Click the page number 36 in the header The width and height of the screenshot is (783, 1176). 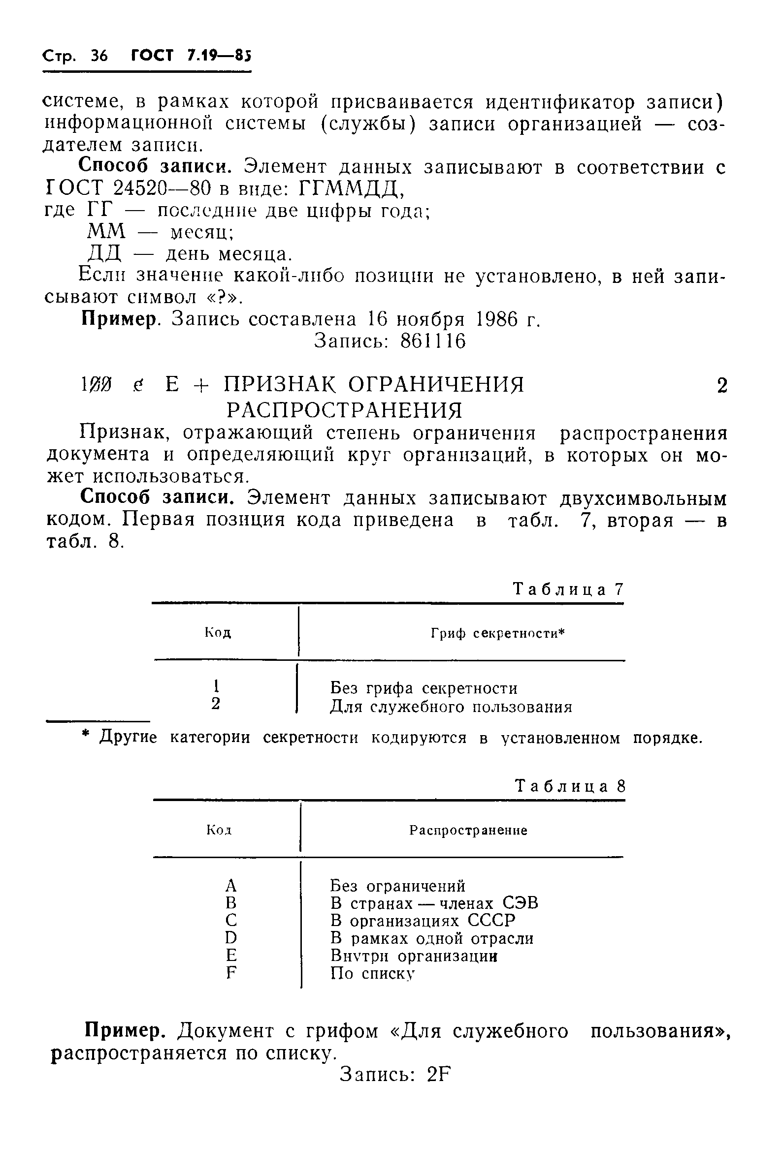pos(99,56)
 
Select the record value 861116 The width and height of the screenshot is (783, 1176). pos(433,341)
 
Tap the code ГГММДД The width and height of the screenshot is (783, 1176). pos(351,188)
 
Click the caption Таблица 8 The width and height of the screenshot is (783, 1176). pos(570,787)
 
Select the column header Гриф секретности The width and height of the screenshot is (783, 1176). pos(497,634)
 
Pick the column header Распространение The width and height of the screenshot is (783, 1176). pos(468,830)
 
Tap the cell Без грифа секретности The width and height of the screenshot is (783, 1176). pos(424,688)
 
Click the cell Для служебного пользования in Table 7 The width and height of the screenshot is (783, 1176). pos(451,707)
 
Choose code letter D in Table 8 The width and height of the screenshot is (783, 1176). pos(230,938)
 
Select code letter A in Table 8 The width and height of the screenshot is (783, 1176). pos(230,886)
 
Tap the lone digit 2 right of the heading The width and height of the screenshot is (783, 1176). pos(721,386)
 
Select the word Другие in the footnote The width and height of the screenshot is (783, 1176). pos(129,738)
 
